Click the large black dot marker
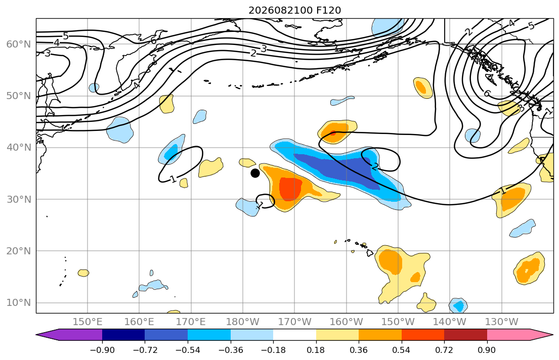coord(255,173)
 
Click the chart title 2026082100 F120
coord(294,10)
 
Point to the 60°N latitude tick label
coord(19,44)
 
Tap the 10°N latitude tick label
coord(19,303)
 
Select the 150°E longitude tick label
coord(88,322)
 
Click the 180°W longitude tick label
coord(243,322)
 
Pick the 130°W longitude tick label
coord(502,322)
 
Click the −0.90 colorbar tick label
coord(102,350)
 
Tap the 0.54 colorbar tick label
coord(402,350)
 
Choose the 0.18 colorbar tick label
coord(316,350)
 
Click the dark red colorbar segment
coord(465,335)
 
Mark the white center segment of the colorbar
coord(294,335)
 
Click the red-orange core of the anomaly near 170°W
coord(290,189)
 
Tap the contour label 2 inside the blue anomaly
coord(375,166)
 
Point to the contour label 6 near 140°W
coord(487,94)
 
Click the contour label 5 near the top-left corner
coord(66,36)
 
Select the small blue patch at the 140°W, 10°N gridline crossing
coord(458,305)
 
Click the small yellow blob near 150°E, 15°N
coord(83,273)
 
